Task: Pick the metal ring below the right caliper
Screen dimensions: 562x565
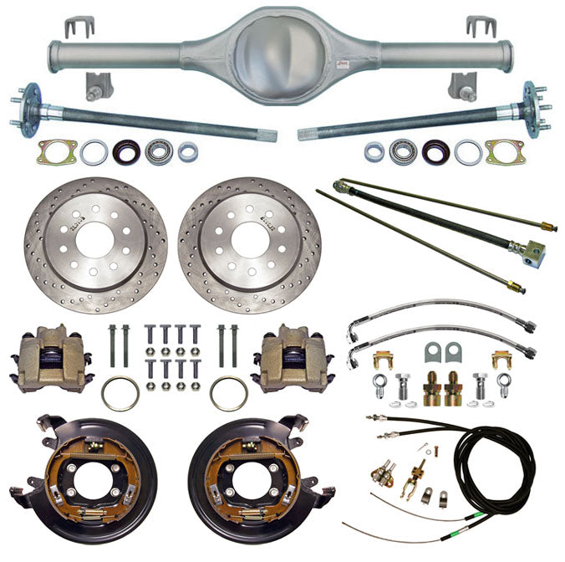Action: point(228,393)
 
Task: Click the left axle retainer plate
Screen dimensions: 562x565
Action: point(58,151)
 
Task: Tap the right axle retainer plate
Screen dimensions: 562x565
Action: point(505,151)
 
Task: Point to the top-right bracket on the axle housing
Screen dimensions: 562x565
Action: point(482,28)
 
